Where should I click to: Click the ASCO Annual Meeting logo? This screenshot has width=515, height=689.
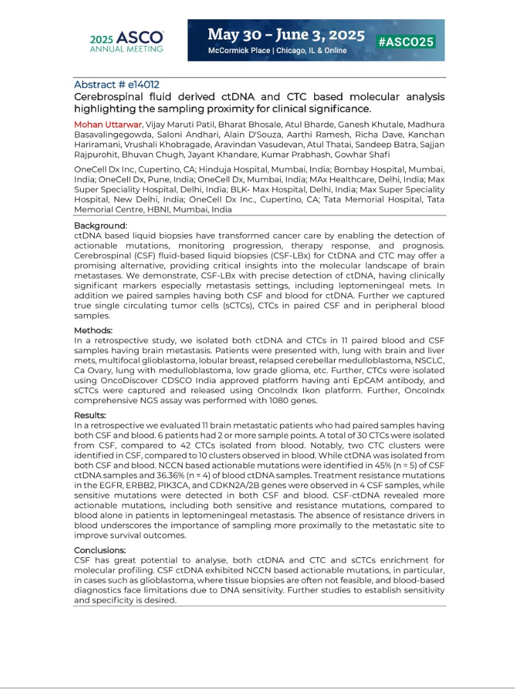(x=126, y=41)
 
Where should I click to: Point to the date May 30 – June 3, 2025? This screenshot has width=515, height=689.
(x=286, y=35)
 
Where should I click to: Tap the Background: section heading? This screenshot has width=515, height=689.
(x=100, y=226)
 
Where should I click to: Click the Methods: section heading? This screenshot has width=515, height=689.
(x=93, y=330)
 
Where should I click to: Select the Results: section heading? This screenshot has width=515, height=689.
(x=91, y=415)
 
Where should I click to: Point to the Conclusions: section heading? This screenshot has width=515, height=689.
(x=100, y=550)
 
